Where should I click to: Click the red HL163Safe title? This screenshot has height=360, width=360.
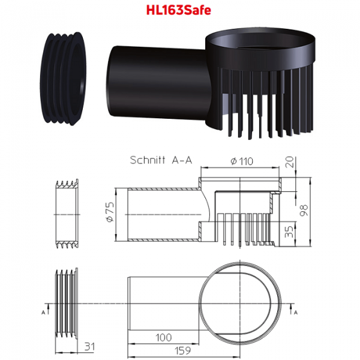[x=179, y=10]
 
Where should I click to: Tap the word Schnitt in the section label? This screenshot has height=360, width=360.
[x=148, y=160]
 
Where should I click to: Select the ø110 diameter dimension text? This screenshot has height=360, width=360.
[x=242, y=161]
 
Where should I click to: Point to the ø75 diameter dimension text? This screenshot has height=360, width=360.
[x=110, y=212]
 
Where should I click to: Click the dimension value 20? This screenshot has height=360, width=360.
[x=290, y=162]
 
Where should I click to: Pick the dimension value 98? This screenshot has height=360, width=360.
[x=304, y=211]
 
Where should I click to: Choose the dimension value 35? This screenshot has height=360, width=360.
[x=289, y=232]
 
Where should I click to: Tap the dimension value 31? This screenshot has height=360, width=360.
[x=89, y=347]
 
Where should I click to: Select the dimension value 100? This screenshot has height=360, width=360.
[x=163, y=337]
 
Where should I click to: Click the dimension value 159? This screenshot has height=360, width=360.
[x=183, y=350]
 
